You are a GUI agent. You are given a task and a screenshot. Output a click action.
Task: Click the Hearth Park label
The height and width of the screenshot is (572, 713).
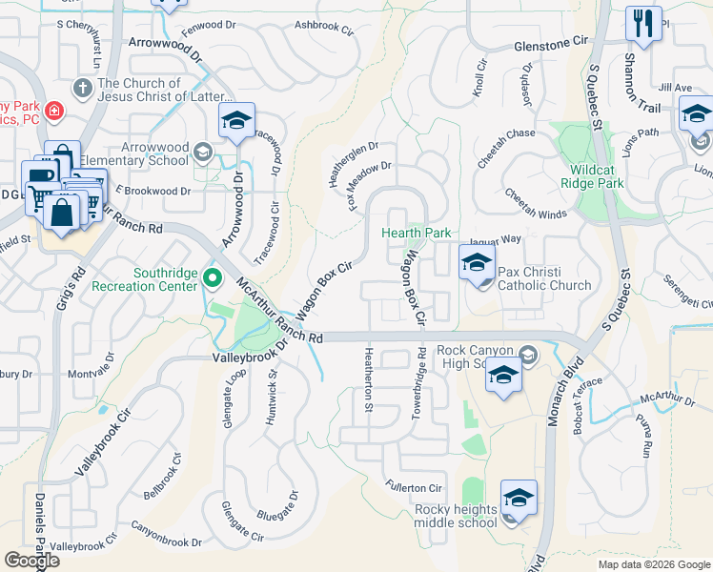417,233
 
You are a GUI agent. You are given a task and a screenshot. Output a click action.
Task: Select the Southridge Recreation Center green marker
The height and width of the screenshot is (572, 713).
212,279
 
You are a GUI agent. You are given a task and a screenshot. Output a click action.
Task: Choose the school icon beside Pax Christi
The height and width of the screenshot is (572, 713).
478,263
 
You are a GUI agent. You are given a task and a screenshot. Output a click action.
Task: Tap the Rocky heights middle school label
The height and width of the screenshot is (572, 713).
456,516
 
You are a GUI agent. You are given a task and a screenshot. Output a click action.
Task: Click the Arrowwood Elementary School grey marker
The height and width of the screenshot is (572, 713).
202,152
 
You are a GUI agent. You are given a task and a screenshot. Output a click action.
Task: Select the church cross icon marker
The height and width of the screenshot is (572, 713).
83,89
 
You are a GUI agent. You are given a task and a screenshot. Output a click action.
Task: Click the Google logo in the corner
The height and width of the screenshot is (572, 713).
31,561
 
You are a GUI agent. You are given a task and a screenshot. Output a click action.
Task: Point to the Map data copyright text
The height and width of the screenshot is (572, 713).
653,564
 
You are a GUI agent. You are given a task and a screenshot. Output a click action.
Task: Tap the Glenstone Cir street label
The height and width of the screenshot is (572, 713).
551,44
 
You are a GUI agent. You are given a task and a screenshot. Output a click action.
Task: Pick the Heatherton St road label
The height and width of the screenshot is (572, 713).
368,379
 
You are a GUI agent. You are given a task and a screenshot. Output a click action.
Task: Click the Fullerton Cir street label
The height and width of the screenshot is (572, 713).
415,488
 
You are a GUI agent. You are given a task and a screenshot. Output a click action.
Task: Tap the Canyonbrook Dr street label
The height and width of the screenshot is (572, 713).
166,541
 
